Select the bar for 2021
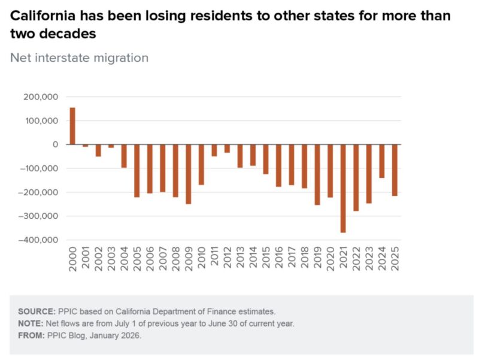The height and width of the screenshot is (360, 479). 343,188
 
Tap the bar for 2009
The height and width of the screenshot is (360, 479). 188,174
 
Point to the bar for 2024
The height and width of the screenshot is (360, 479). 381,161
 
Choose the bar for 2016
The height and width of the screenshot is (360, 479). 278,165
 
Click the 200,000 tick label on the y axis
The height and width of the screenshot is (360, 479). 40,97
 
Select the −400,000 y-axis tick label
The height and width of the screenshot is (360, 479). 38,240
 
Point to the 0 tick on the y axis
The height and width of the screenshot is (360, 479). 55,144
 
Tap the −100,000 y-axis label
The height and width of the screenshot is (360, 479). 38,168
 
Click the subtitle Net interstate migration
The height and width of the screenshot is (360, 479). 79,58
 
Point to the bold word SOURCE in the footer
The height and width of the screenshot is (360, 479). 37,311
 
